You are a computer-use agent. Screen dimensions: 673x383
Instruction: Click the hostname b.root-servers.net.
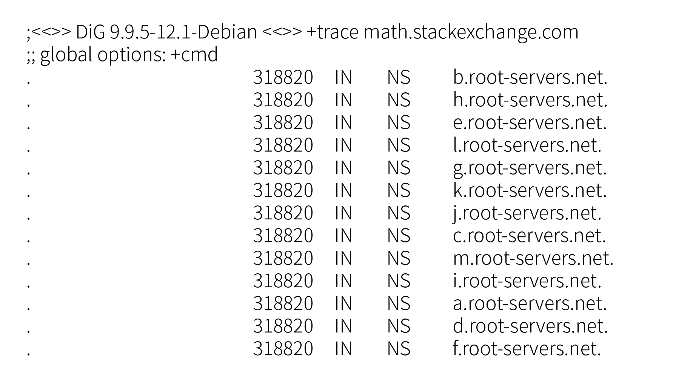(530, 77)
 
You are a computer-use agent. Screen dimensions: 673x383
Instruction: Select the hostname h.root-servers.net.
(530, 100)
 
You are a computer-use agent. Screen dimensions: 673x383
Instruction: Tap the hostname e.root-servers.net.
(530, 123)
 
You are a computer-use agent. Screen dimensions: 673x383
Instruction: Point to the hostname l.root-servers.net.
(527, 145)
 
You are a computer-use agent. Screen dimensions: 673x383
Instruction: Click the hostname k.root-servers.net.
(530, 190)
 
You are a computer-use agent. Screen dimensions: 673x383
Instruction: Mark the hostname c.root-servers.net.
(529, 236)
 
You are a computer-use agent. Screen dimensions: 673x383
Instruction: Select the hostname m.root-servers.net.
(533, 258)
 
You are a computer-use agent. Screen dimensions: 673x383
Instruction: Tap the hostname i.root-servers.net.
(527, 281)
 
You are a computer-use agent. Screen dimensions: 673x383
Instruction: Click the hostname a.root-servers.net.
(530, 303)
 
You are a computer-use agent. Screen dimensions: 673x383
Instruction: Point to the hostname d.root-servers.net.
(530, 326)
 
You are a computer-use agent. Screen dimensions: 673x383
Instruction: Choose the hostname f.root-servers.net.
(527, 349)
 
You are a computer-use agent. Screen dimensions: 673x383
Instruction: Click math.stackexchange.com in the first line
(471, 32)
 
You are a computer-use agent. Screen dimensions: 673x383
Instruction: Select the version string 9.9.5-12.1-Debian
(183, 32)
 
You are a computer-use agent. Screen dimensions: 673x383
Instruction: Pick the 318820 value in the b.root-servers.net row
(283, 77)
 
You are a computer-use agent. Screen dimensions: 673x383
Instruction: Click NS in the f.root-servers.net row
(399, 349)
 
